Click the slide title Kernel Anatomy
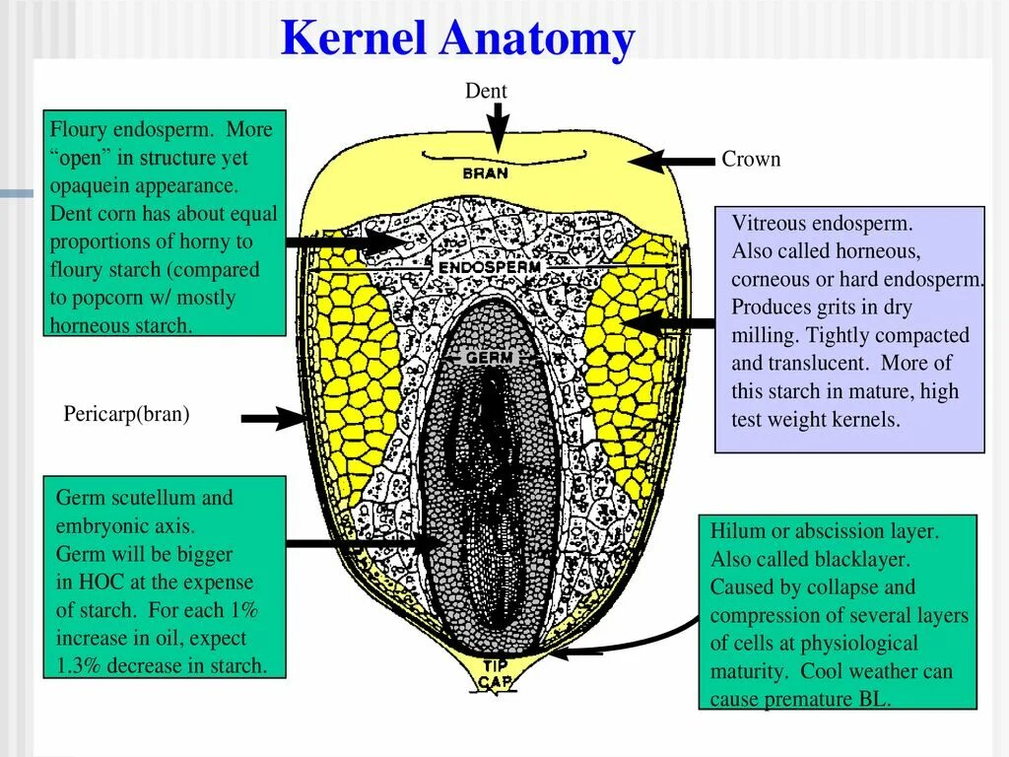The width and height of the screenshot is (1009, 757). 457,39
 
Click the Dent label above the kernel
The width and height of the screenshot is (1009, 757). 486,91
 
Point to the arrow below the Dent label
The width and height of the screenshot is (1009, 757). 499,126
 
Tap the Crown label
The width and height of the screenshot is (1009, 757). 751,159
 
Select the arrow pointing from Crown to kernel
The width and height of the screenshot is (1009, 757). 670,161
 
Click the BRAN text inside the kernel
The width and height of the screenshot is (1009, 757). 486,172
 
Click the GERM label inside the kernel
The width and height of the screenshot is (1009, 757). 490,358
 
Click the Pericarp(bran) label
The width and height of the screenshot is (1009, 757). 127,414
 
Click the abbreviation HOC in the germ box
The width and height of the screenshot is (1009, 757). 101,582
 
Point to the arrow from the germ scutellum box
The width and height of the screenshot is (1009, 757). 365,542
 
